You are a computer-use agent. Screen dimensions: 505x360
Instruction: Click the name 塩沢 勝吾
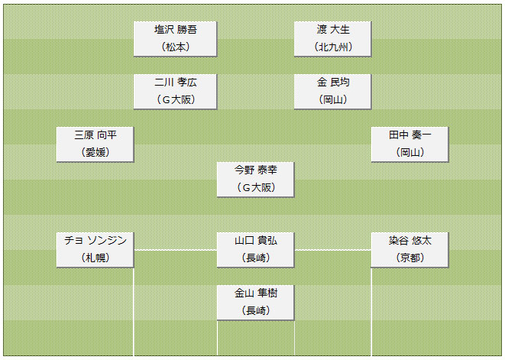(x=176, y=30)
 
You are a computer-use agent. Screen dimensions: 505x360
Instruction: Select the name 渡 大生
(x=333, y=30)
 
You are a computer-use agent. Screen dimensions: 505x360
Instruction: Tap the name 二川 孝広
(x=176, y=83)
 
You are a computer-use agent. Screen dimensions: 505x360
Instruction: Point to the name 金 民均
(x=333, y=83)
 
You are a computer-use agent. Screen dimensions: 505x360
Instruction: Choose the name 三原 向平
(x=95, y=135)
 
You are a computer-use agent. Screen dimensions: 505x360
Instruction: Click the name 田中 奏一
(x=410, y=135)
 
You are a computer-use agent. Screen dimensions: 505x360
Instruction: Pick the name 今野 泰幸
(x=256, y=170)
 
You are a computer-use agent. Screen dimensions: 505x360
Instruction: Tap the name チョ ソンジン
(x=95, y=240)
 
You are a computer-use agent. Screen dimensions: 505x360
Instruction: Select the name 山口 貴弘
(x=256, y=240)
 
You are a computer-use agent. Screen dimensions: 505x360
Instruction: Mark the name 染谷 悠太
(x=410, y=240)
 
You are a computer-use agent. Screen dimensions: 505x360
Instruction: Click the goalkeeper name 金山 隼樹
(x=256, y=293)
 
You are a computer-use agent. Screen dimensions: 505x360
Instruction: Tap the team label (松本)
(x=176, y=47)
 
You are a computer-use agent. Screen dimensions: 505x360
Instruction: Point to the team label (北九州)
(x=333, y=47)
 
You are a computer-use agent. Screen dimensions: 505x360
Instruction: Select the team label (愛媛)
(x=95, y=152)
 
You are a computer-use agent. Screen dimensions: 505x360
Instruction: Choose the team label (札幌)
(x=95, y=258)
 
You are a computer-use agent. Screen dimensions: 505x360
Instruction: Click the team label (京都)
(x=410, y=258)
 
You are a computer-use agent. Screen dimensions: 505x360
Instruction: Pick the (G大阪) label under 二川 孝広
(x=176, y=99)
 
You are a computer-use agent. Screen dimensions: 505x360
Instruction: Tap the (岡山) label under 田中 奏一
(x=410, y=152)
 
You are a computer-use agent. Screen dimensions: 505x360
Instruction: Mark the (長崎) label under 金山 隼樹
(x=256, y=310)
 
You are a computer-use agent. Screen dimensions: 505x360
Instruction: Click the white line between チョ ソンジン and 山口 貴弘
(x=175, y=250)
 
